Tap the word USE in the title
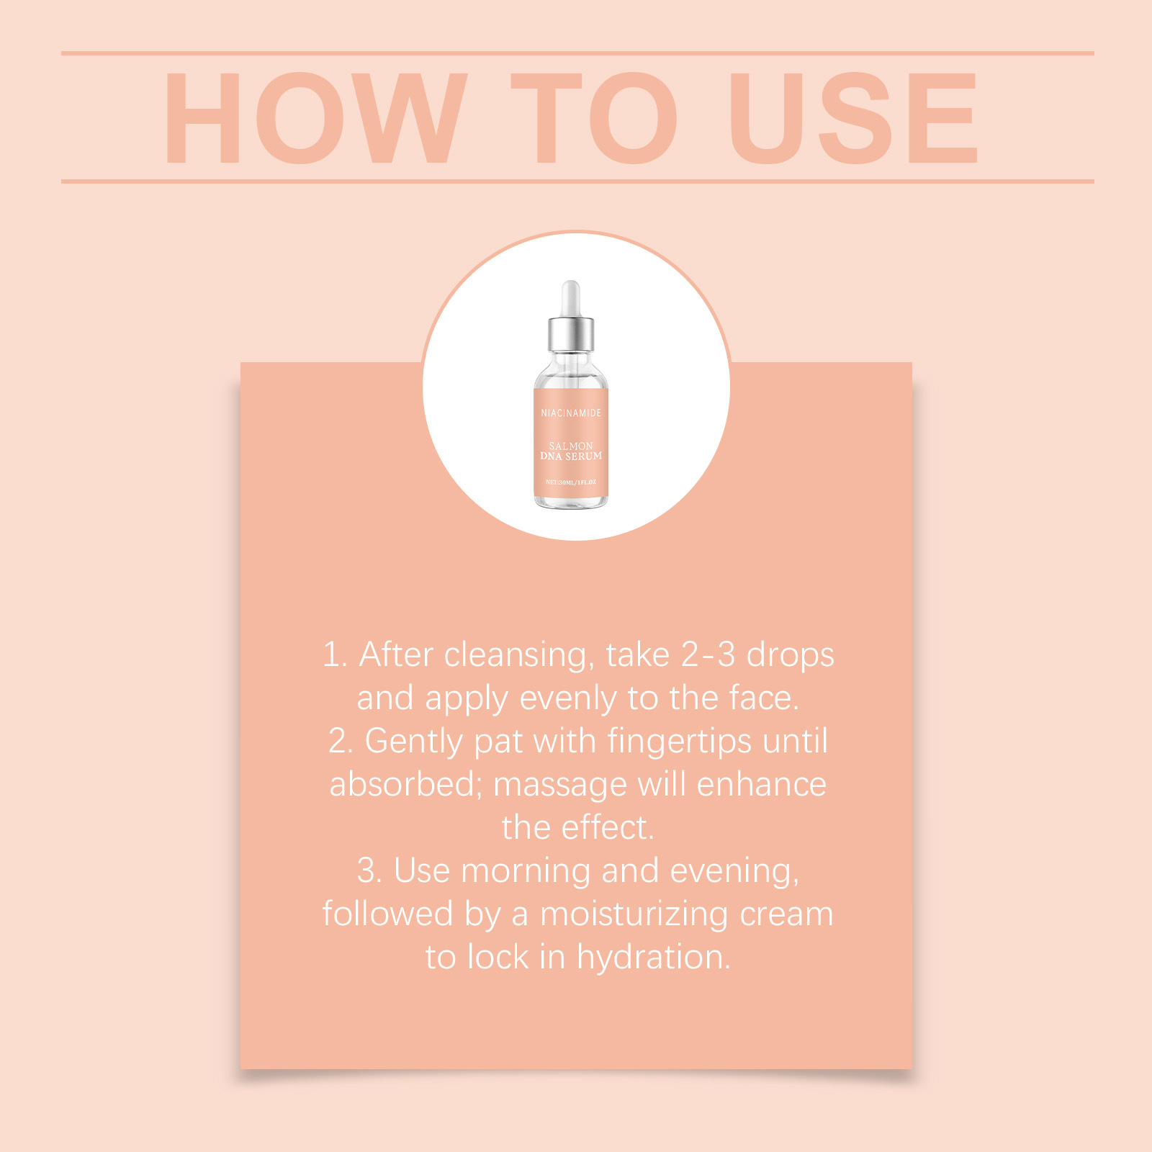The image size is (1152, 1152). (854, 118)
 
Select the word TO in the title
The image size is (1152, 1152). (594, 118)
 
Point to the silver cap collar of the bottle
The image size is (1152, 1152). (571, 333)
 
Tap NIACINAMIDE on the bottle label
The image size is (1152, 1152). (571, 413)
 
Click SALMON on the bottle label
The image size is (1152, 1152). (571, 446)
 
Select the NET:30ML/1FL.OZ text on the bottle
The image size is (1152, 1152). (571, 482)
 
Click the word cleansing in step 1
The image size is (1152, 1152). (519, 656)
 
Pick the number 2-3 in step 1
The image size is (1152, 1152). (708, 655)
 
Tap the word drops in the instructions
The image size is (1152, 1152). (791, 656)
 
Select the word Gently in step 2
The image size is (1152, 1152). (413, 742)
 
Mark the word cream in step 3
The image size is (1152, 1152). (787, 915)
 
